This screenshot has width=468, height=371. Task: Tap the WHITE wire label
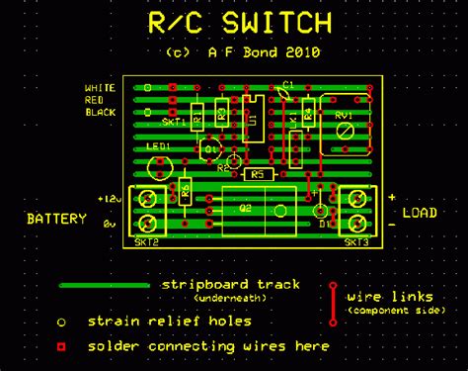point(100,88)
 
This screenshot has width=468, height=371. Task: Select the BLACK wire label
point(100,112)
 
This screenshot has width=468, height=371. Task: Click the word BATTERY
point(56,219)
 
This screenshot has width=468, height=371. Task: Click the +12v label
point(109,199)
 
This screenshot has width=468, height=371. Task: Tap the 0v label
point(111,224)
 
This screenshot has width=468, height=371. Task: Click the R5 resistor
point(258,174)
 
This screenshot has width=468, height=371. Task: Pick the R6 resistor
point(184,190)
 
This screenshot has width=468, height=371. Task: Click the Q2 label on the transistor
point(246,209)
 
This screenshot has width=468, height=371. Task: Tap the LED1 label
point(159,147)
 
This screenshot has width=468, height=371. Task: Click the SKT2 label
point(148,241)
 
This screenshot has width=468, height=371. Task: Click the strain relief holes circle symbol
point(61,322)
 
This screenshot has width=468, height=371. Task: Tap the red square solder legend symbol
point(61,347)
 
